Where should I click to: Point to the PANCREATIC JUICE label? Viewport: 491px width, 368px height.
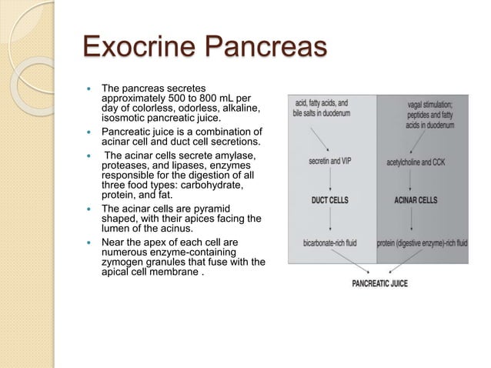[379, 283]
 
